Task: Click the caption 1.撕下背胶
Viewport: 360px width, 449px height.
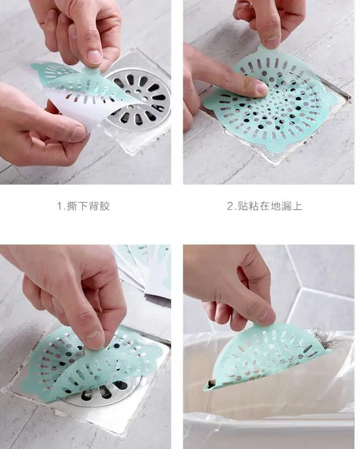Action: pyautogui.click(x=83, y=206)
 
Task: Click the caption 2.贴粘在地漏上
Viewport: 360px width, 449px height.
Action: pyautogui.click(x=265, y=206)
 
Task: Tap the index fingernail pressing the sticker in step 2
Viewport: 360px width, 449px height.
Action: pyautogui.click(x=262, y=88)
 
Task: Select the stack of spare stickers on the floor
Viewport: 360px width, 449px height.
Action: pyautogui.click(x=145, y=269)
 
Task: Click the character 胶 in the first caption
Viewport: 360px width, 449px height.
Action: pyautogui.click(x=105, y=206)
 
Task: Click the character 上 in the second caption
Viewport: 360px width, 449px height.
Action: pyautogui.click(x=297, y=206)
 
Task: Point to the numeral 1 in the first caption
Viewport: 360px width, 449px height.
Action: pyautogui.click(x=59, y=206)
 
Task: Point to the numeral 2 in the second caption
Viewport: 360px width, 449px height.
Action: pyautogui.click(x=230, y=206)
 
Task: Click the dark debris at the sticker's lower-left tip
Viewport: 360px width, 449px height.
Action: pyautogui.click(x=211, y=383)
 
